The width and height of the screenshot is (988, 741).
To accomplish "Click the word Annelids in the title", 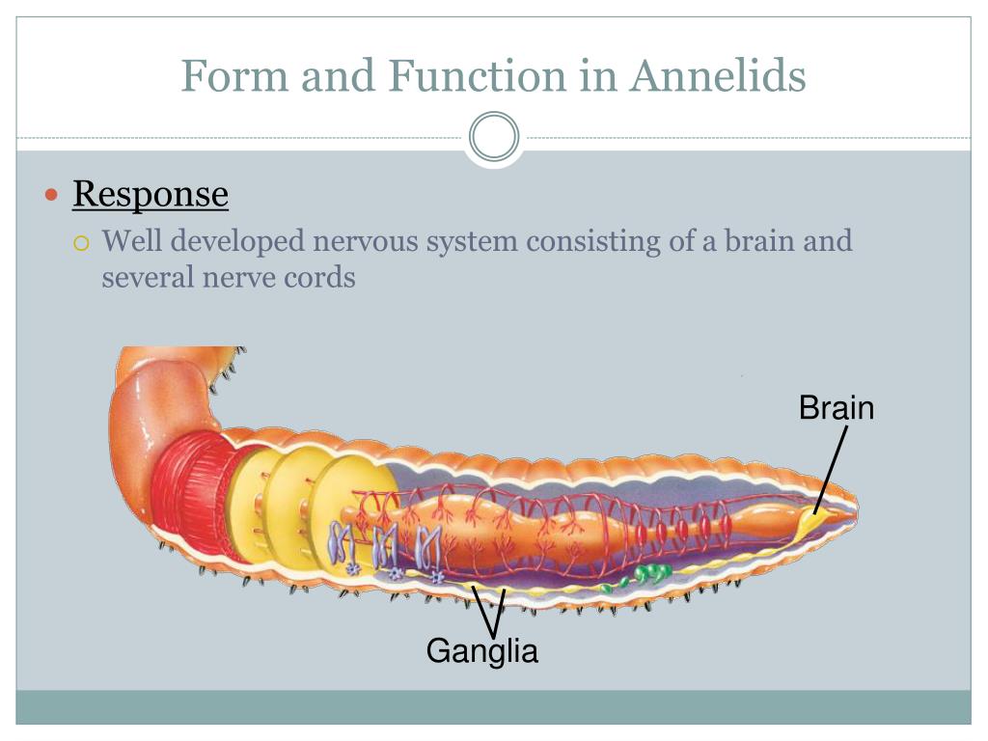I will [718, 75].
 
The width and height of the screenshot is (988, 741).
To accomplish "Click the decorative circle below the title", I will [494, 138].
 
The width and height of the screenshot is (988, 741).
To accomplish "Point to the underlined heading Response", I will [151, 194].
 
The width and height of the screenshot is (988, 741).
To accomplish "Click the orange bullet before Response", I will [53, 195].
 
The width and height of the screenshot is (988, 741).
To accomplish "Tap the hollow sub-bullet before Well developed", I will [82, 241].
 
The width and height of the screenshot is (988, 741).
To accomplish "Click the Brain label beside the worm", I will [836, 408].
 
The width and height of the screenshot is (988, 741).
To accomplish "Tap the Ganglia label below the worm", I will [482, 651].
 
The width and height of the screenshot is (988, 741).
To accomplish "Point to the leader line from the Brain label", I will [833, 467].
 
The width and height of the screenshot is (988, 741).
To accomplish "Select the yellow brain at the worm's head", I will [819, 521].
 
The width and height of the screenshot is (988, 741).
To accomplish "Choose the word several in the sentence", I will [150, 277].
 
